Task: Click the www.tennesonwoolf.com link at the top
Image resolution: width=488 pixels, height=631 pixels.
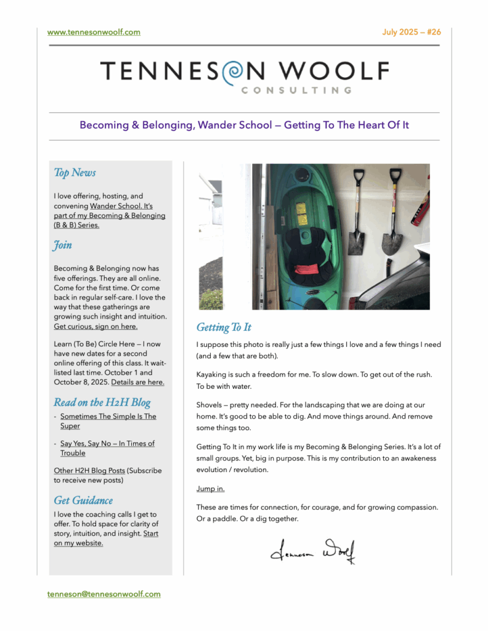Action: (x=94, y=32)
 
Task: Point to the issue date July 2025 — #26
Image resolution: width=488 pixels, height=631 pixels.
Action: (x=412, y=32)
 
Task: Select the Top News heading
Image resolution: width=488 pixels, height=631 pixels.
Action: (x=75, y=173)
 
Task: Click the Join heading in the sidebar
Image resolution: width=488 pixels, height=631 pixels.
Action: (x=63, y=245)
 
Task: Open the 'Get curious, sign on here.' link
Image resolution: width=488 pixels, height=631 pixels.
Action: (x=96, y=327)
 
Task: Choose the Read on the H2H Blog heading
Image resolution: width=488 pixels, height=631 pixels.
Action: (x=102, y=403)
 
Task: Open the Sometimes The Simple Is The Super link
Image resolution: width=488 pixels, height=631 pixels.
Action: (x=108, y=421)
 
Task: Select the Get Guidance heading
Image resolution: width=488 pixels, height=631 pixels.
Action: (x=83, y=500)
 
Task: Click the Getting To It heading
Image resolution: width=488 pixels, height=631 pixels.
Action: (x=224, y=327)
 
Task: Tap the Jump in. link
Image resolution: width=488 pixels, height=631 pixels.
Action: (x=210, y=489)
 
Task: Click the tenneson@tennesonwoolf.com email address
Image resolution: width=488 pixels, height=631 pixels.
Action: (x=104, y=594)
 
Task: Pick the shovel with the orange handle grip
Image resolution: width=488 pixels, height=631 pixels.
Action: (x=392, y=210)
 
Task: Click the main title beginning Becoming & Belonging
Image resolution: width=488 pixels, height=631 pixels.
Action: (x=244, y=125)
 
